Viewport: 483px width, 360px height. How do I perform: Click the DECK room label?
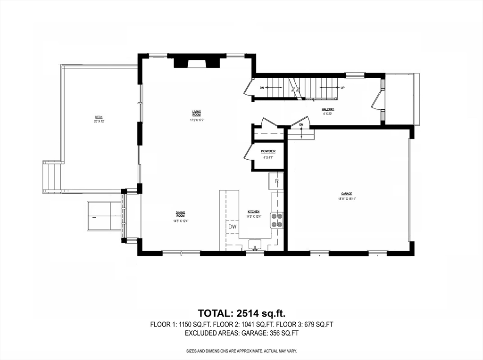tap(99, 117)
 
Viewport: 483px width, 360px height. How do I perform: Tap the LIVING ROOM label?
tap(197, 113)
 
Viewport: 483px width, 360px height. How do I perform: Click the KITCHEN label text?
tap(254, 212)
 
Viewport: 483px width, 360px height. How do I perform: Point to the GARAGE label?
tap(347, 194)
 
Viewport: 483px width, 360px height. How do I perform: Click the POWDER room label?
tap(268, 151)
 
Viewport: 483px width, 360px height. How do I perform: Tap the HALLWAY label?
tap(328, 109)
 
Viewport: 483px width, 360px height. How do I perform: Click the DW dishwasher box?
tap(233, 227)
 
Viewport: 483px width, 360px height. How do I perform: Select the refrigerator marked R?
tap(277, 181)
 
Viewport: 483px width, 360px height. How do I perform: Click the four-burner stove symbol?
tap(276, 220)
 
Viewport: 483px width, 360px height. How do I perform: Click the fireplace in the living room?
tap(197, 62)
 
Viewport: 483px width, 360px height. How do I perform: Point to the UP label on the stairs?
tap(342, 88)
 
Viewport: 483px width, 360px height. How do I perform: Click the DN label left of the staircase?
tap(262, 88)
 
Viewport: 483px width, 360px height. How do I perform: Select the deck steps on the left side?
tap(52, 177)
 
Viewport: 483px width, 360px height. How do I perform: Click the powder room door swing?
tap(249, 154)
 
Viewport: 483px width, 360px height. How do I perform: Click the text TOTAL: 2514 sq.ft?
tap(241, 313)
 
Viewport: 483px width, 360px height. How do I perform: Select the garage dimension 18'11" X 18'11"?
tap(347, 199)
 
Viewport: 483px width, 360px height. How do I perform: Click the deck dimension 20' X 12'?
tap(99, 122)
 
